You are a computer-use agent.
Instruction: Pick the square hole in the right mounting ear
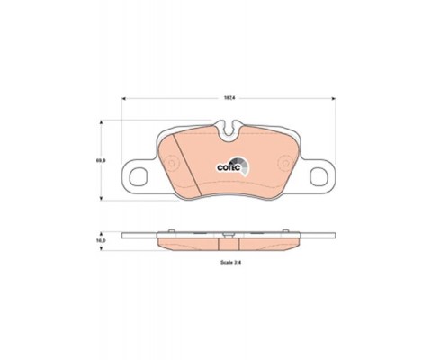pos(318,175)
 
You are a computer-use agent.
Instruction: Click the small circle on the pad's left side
pos(169,165)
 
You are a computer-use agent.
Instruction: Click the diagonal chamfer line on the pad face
pos(183,159)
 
